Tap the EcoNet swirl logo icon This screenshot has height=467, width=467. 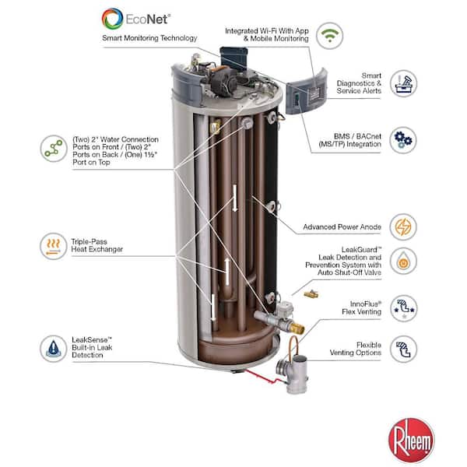click(x=113, y=18)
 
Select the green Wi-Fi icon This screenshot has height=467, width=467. click(x=330, y=35)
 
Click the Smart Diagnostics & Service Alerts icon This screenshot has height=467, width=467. click(x=403, y=83)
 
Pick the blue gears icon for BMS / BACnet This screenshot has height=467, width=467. click(x=403, y=140)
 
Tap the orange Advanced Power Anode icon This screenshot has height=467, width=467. click(x=403, y=226)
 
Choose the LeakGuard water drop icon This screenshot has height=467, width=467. click(x=403, y=261)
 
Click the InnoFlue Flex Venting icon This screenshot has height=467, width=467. click(x=403, y=307)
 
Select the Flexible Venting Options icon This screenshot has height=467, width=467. click(x=403, y=348)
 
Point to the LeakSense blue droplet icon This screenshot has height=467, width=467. click(x=53, y=347)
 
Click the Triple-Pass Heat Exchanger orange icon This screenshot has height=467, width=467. click(x=53, y=246)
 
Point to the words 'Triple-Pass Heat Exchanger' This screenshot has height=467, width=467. click(x=98, y=245)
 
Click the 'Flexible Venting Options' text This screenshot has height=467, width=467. click(x=357, y=348)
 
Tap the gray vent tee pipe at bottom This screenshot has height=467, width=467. click(x=297, y=374)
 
